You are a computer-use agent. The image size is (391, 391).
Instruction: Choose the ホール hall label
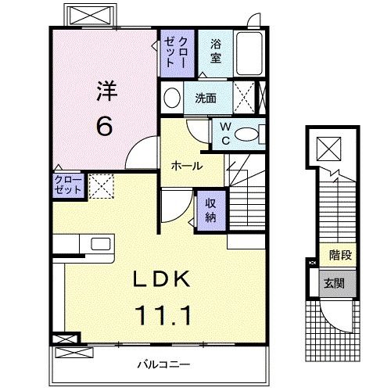[x=188, y=166]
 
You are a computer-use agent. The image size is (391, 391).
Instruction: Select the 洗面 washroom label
[x=206, y=99]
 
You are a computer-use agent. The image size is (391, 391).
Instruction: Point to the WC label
[x=224, y=132]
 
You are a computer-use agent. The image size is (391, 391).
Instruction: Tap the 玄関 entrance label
[x=334, y=282]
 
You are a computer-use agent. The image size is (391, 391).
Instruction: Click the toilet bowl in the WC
[x=249, y=134]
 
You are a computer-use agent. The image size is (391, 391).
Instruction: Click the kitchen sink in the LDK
[x=100, y=244]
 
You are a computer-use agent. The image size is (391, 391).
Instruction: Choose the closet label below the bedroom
[x=67, y=185]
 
